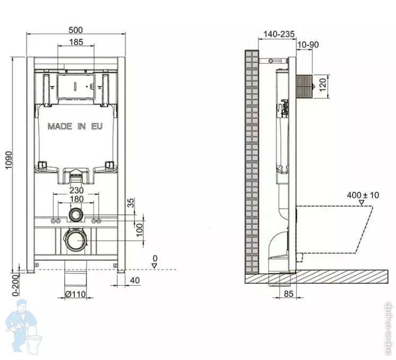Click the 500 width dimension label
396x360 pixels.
point(75,30)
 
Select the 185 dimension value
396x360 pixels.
point(76,42)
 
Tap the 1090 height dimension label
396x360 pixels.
point(8,160)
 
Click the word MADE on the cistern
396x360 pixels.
point(60,126)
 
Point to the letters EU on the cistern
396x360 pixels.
point(96,126)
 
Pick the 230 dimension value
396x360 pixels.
point(76,190)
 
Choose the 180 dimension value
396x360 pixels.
point(76,199)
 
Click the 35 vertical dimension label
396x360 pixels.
point(131,203)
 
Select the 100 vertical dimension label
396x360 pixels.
point(139,230)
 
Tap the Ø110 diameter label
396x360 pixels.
point(75,294)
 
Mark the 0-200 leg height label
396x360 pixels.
point(15,285)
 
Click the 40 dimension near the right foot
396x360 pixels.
point(135,280)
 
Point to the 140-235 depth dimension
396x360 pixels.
point(279,34)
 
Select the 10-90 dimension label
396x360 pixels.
point(308,45)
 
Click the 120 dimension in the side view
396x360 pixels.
point(323,85)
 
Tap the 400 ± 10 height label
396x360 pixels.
point(363,195)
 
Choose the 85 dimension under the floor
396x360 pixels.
point(288,294)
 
